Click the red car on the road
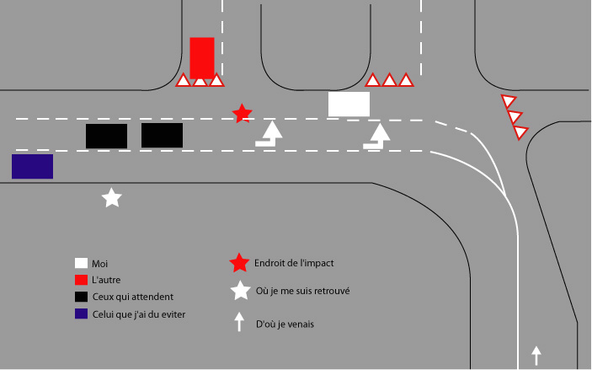(202, 58)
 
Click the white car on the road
(349, 104)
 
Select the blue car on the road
(33, 166)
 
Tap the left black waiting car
(106, 136)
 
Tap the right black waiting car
(162, 136)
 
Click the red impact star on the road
(242, 114)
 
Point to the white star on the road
(112, 198)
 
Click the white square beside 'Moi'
(81, 263)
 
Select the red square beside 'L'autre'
(81, 280)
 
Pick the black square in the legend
(81, 297)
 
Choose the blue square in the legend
(81, 314)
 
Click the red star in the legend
(239, 263)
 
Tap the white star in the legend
(241, 291)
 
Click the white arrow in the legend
(239, 322)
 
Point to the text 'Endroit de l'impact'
(294, 263)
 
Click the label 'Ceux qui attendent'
(133, 297)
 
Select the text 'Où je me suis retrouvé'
(303, 291)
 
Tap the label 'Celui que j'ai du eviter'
(139, 314)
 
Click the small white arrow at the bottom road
(536, 356)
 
